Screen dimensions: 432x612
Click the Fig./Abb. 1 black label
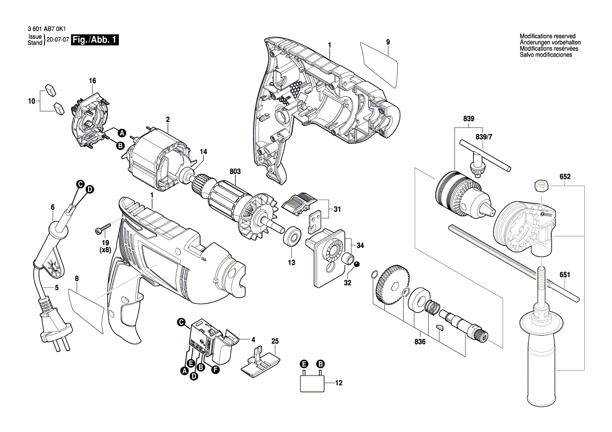[95, 40]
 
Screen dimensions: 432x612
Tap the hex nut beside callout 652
[541, 185]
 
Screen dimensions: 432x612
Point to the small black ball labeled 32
[357, 265]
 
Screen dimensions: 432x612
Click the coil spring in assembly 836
[433, 306]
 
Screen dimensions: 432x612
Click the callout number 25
[275, 342]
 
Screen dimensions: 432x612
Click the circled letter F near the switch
[215, 369]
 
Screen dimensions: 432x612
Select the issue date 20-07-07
[57, 40]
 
